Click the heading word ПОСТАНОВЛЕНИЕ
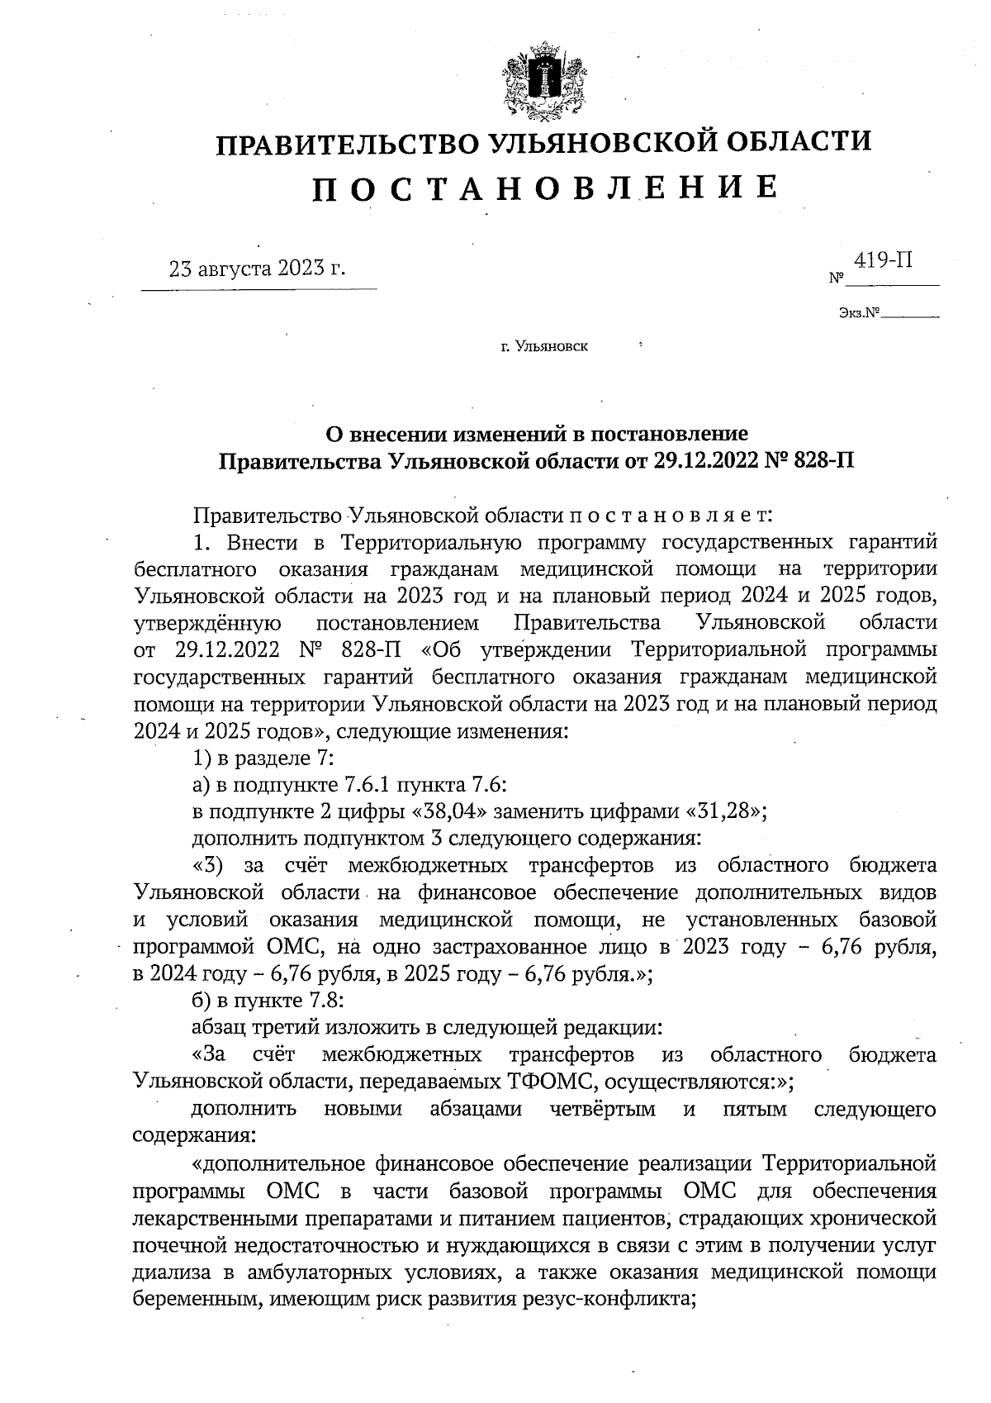545,188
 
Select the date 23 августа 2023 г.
257,269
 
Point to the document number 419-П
883,261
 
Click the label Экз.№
857,314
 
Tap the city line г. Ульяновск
544,346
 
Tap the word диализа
166,1272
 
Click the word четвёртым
603,1109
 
